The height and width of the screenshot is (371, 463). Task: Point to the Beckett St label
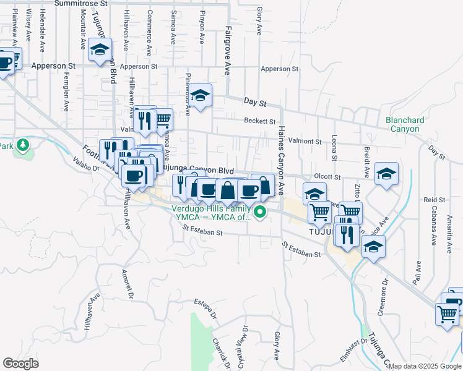pos(259,121)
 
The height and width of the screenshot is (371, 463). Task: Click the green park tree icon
pos(24,145)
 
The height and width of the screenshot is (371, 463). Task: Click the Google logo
pos(20,364)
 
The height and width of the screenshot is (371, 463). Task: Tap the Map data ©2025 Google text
pos(425,366)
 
